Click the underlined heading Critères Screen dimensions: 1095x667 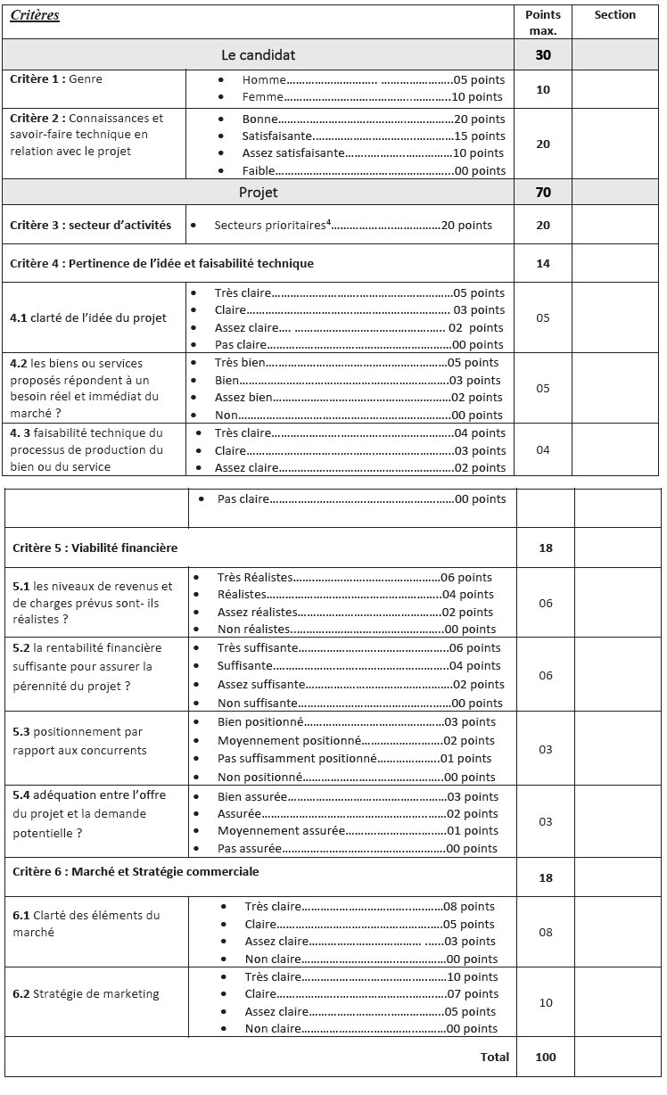(35, 15)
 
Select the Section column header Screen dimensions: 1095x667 (614, 15)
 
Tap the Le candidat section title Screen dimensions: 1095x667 (258, 55)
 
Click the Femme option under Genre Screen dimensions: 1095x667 (262, 96)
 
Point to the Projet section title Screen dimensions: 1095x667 (258, 192)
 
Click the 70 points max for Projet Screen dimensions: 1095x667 (543, 192)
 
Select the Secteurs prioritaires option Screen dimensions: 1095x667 (270, 226)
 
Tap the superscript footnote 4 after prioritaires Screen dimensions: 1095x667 (328, 222)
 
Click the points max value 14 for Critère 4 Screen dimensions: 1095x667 (543, 263)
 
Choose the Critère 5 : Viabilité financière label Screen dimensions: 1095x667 (95, 547)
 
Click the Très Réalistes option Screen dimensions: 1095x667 (254, 577)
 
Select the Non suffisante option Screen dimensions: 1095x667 (258, 703)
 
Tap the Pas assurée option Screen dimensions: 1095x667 (250, 848)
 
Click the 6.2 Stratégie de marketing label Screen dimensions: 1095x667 (86, 993)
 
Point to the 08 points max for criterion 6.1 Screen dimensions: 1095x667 (545, 932)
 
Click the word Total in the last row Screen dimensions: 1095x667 (495, 1057)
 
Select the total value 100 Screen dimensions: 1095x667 (546, 1057)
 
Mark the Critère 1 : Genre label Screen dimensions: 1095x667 (56, 79)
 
